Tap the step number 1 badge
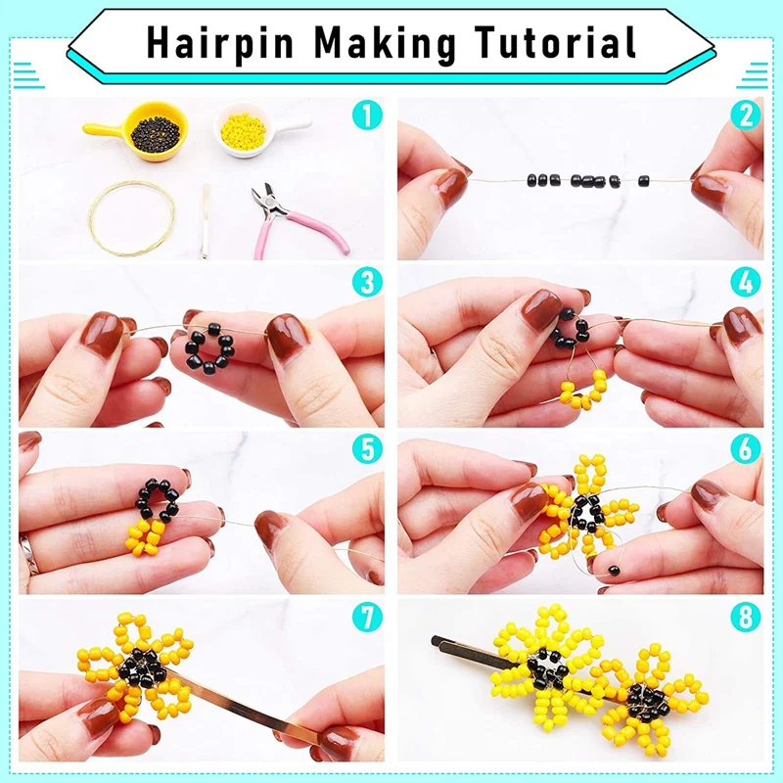click(366, 117)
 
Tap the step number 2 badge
click(745, 117)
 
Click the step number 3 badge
click(366, 284)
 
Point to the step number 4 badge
click(745, 284)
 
